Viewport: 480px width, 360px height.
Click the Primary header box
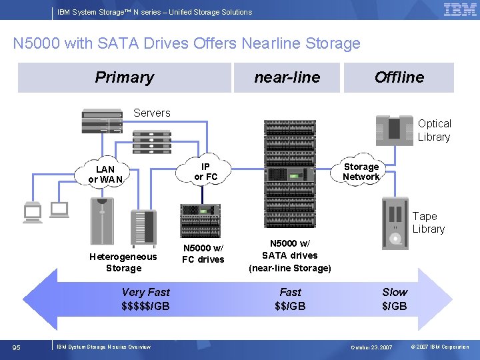tap(125, 77)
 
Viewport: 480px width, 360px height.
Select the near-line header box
tap(287, 77)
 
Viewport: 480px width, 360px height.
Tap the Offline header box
tap(399, 77)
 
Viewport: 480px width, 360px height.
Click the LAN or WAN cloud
tap(105, 174)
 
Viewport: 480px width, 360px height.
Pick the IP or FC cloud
tap(205, 172)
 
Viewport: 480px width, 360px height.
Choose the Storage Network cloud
tap(361, 172)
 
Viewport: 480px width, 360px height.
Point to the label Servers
tap(152, 113)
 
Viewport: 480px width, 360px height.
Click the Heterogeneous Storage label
tap(123, 262)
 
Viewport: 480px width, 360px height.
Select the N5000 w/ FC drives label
tap(203, 254)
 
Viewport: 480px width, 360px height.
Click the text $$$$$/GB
tap(145, 306)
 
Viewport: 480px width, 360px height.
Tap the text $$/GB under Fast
tap(290, 306)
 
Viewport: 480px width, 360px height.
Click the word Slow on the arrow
tap(395, 292)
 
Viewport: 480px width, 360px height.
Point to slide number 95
tap(18, 347)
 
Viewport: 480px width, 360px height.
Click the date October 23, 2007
tap(372, 347)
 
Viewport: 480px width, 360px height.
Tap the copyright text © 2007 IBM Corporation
tap(440, 347)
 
